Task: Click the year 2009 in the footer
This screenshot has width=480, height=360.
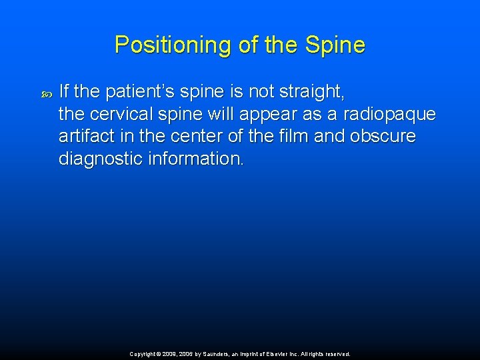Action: point(169,355)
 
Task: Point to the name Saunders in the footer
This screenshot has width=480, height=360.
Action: point(217,355)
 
